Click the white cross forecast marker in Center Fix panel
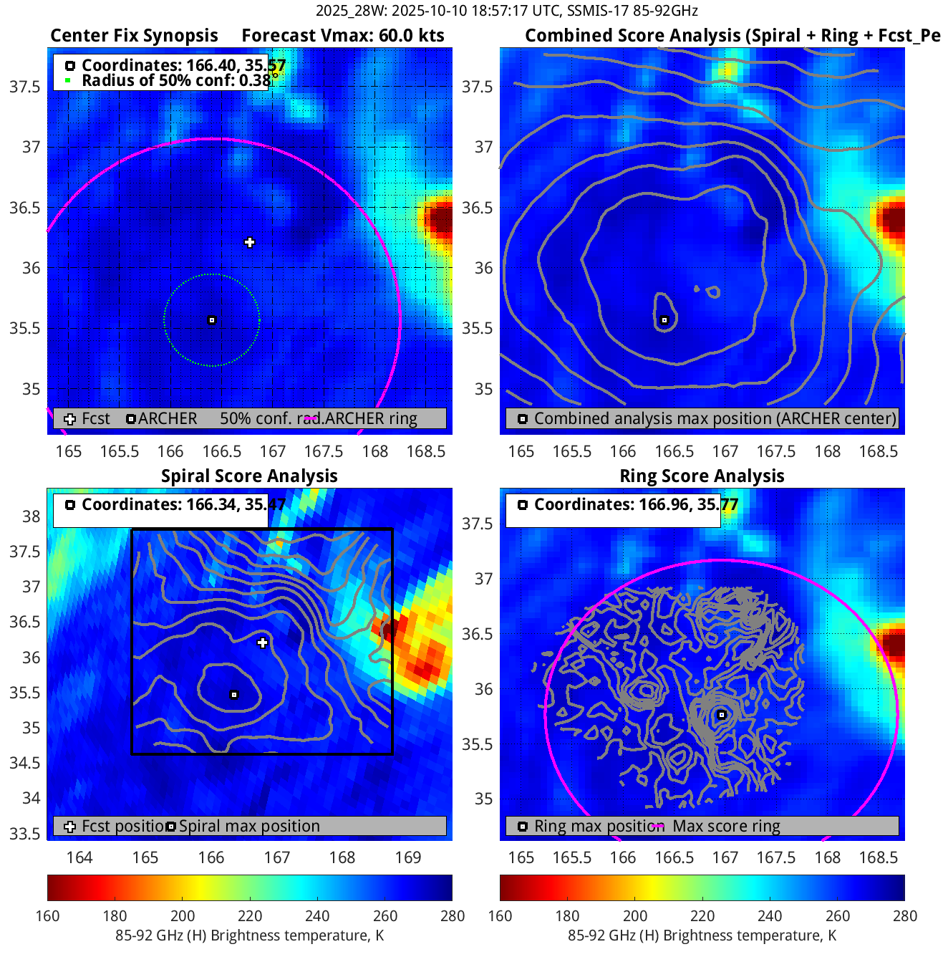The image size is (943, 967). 249,242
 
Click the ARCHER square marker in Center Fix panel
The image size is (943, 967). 212,320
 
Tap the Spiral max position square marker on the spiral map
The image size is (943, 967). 234,695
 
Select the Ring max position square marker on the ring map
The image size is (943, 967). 722,715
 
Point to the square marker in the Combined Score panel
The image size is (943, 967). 664,320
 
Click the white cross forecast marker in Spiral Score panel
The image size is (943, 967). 263,643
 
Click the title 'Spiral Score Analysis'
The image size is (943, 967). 249,476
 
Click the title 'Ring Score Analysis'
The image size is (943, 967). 702,476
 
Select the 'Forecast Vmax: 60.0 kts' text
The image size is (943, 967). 342,36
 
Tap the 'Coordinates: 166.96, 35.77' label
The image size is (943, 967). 636,504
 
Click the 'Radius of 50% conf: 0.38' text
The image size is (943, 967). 176,80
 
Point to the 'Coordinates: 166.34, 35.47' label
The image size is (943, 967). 183,504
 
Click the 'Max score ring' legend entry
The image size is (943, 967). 726,826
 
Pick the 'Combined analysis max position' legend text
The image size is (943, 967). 715,418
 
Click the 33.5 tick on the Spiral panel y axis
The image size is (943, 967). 29,833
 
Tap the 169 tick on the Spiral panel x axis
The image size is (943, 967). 408,857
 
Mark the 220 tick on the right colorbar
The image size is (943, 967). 702,915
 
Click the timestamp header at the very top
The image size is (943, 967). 506,11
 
